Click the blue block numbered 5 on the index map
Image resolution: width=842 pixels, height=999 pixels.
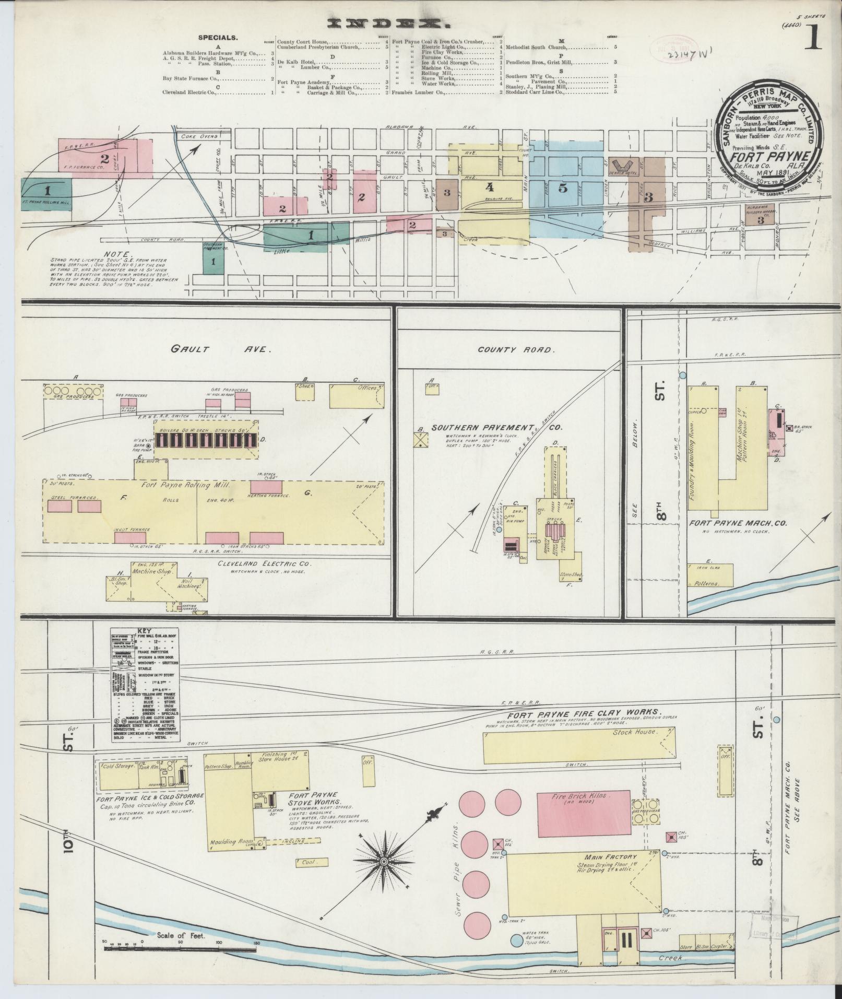pos(562,188)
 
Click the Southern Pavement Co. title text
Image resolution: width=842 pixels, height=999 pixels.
pos(496,427)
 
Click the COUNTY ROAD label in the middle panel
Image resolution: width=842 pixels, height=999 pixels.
pos(515,350)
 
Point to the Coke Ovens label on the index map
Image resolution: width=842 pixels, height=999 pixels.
pos(198,136)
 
